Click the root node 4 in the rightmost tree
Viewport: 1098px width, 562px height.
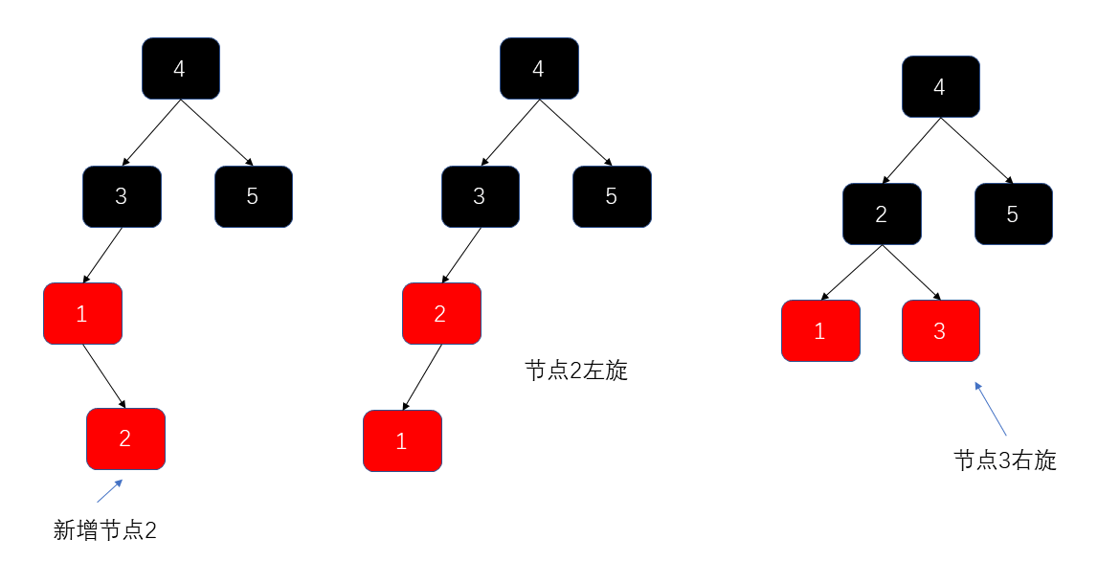click(940, 87)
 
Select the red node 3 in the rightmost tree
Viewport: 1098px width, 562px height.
click(940, 330)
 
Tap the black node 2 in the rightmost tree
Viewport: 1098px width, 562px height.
click(882, 214)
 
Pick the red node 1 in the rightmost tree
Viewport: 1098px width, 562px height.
click(820, 330)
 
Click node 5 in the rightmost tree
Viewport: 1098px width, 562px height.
click(1013, 214)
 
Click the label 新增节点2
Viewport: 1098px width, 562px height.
click(105, 529)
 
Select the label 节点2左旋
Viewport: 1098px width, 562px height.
click(576, 371)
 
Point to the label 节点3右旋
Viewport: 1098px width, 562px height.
click(1005, 461)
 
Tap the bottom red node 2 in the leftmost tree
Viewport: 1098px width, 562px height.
click(125, 438)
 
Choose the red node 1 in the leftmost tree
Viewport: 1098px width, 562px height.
click(82, 313)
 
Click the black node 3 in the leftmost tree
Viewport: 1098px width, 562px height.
click(122, 196)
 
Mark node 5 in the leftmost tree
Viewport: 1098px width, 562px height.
click(253, 196)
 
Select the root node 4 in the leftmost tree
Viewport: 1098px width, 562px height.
click(180, 68)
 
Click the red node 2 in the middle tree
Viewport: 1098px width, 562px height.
click(441, 313)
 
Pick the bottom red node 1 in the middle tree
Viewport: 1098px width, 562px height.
click(402, 441)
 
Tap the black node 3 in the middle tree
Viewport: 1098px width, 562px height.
click(480, 196)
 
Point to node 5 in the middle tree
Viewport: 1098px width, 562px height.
click(612, 196)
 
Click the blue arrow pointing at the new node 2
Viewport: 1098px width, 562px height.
click(110, 490)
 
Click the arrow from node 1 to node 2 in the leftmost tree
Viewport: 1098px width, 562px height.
click(104, 376)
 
